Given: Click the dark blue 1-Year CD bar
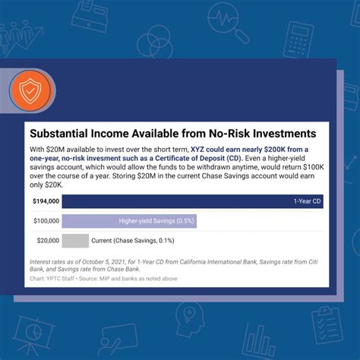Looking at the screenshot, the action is [192, 201].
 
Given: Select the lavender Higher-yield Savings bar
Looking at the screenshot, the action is [129, 221].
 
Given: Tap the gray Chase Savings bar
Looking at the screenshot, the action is [75, 241].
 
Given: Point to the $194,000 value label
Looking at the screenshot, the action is [46, 201].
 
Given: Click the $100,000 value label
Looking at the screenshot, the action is [46, 221].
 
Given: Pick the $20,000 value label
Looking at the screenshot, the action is [48, 241].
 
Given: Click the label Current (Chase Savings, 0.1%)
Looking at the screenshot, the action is [133, 241].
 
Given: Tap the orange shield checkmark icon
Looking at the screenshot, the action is [30, 90].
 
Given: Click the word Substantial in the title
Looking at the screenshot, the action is [58, 134].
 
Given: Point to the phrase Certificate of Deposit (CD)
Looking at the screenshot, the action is [199, 159].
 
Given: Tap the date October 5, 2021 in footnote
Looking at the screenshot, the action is [103, 262].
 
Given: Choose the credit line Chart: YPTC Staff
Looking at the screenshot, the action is [52, 279].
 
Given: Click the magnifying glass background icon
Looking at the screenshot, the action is [229, 22].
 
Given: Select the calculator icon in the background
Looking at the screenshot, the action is [298, 39].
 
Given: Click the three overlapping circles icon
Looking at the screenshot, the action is [155, 43].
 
